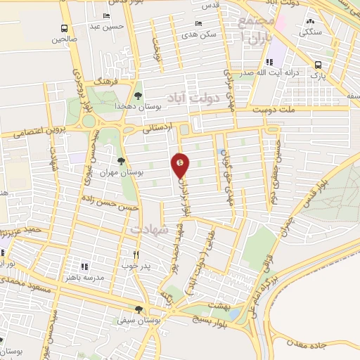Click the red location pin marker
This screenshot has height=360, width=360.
click(181, 165)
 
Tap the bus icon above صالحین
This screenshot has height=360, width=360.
click(65, 29)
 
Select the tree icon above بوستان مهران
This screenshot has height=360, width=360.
click(122, 161)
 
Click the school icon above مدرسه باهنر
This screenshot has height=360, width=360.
click(84, 266)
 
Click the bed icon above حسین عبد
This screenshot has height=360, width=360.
click(106, 16)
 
